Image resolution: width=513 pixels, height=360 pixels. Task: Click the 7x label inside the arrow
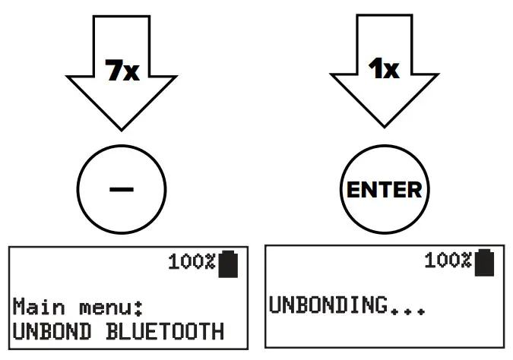(122, 71)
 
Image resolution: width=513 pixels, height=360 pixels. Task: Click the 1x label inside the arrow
(384, 71)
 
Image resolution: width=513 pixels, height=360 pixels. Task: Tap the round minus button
(122, 188)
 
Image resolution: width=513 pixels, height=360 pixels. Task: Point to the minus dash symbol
(122, 188)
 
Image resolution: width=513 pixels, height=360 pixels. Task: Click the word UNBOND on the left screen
(49, 331)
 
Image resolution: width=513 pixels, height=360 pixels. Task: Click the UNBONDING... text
(346, 306)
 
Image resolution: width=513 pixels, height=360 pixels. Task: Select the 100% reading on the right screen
(448, 261)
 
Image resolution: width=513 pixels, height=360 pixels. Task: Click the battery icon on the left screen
(228, 263)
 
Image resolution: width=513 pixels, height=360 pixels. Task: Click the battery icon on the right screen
(485, 261)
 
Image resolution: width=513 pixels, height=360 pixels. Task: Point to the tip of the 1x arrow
(384, 127)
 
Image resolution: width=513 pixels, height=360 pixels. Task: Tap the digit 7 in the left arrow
(112, 71)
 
